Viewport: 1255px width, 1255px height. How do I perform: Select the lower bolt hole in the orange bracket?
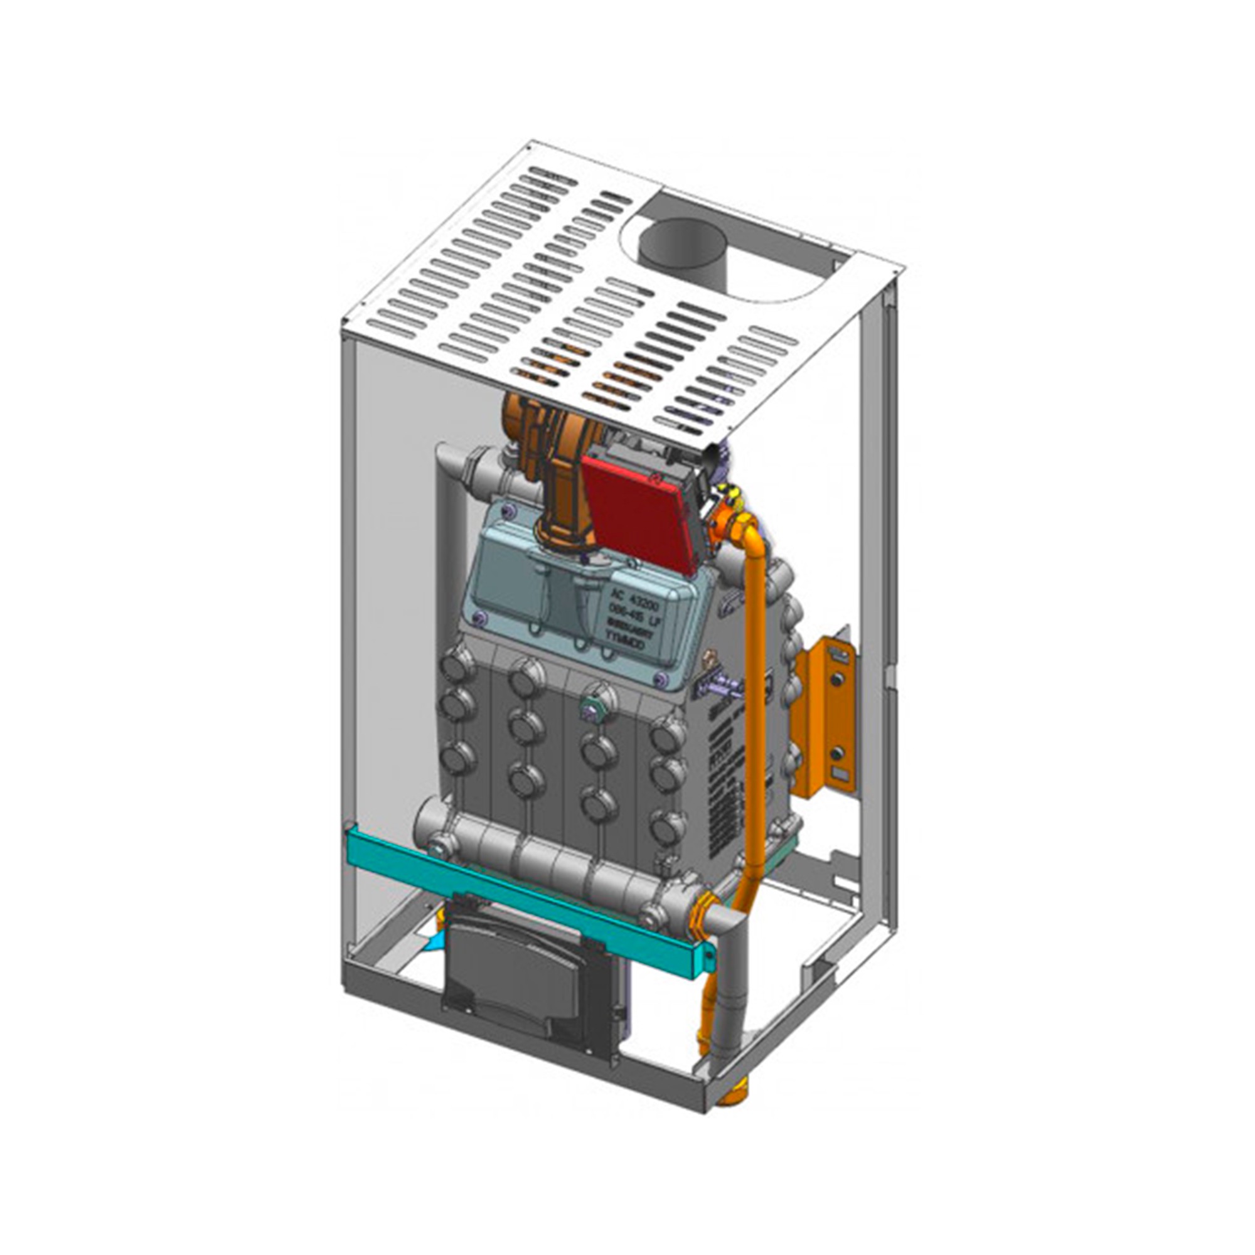[838, 754]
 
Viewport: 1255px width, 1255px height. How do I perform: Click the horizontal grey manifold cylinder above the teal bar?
[552, 857]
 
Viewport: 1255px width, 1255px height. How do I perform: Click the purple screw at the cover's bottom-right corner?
[661, 680]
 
